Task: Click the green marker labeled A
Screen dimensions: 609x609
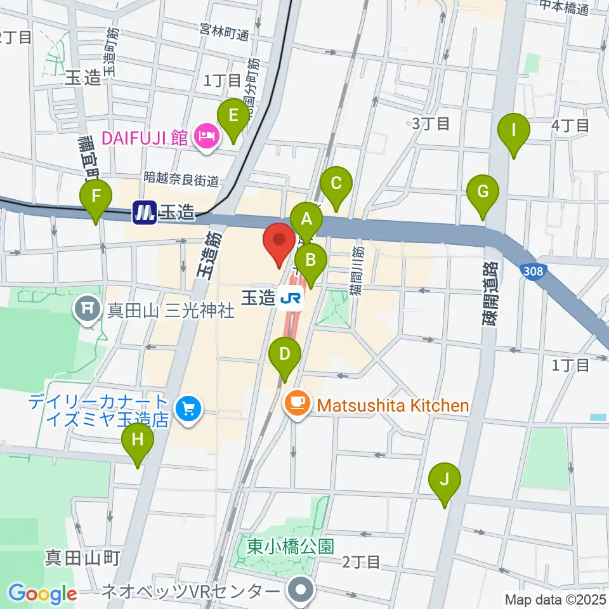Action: [x=307, y=220]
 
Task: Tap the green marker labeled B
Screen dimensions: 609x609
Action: [x=311, y=260]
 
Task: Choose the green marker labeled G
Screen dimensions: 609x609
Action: [x=483, y=191]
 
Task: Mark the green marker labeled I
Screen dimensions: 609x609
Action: [x=514, y=131]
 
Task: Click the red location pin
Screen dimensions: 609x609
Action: [x=279, y=240]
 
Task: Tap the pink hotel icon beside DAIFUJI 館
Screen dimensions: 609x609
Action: [x=207, y=136]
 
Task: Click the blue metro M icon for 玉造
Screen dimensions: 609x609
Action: [x=144, y=213]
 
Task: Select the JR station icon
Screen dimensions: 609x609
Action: [x=292, y=296]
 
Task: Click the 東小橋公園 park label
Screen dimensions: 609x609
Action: [x=291, y=546]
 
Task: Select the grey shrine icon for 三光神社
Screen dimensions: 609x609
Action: [x=86, y=310]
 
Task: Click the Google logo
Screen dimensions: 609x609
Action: [x=43, y=594]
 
